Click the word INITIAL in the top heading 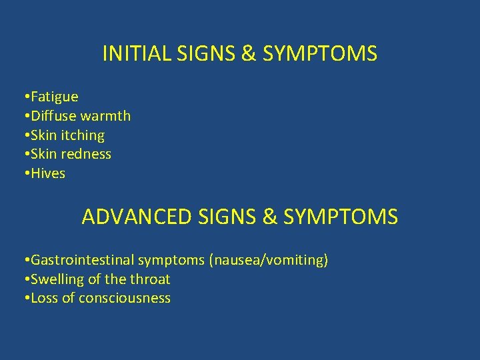[137, 53]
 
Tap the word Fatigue [54, 97]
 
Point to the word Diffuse [53, 116]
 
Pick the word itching [83, 135]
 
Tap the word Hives [48, 173]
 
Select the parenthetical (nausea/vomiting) [269, 260]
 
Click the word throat [151, 279]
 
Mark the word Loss [45, 298]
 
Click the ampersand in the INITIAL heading [248, 53]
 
